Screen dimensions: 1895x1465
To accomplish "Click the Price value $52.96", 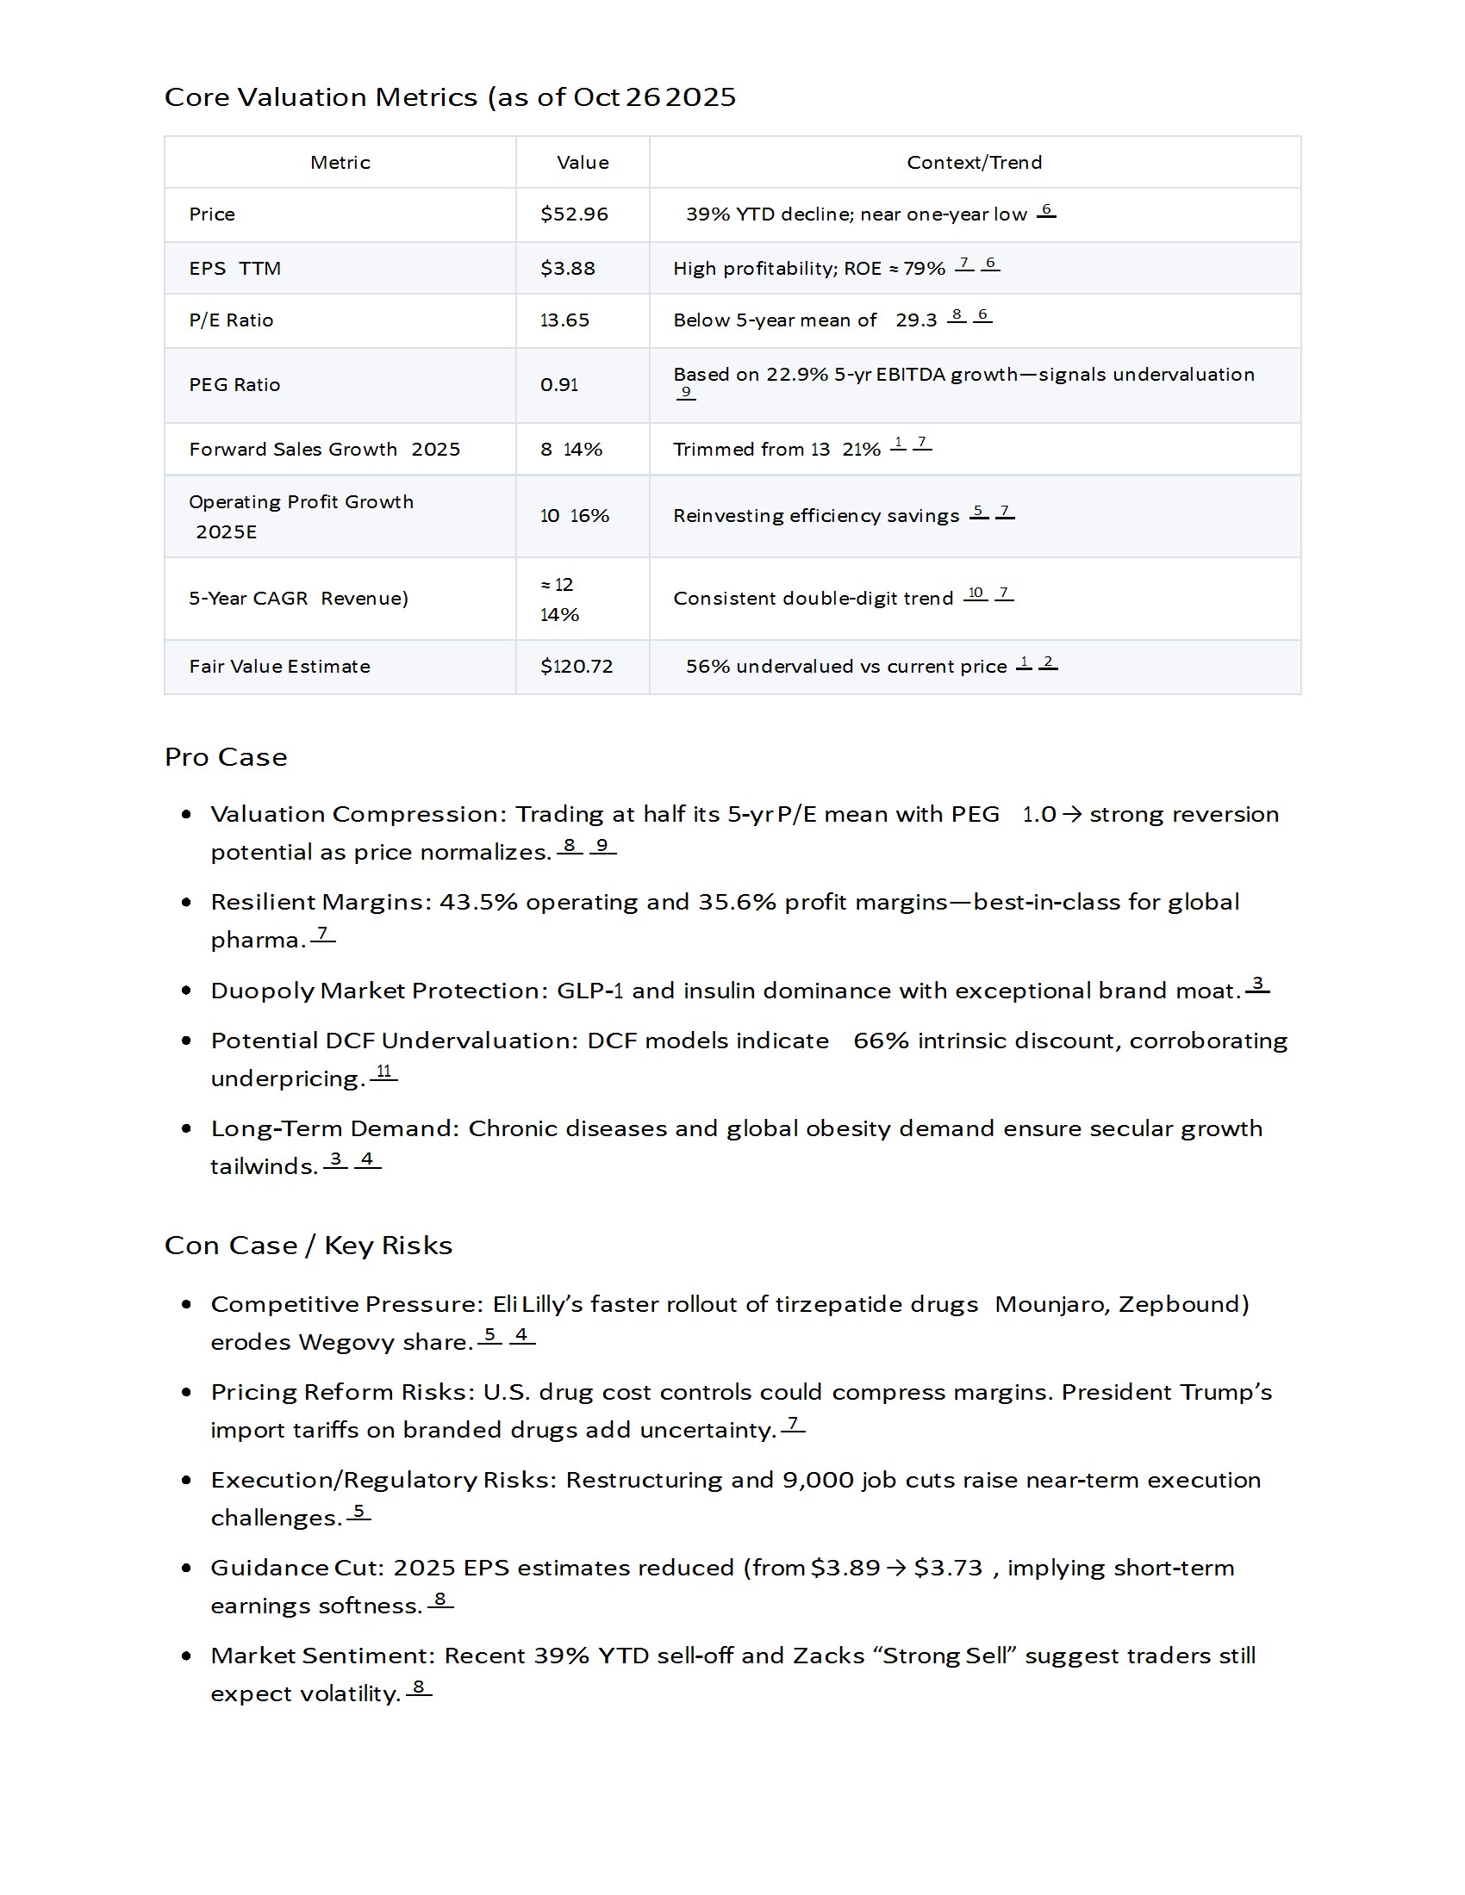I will tap(574, 214).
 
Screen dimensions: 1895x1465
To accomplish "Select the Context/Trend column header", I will tap(974, 162).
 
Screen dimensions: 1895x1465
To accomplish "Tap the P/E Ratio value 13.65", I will tap(564, 320).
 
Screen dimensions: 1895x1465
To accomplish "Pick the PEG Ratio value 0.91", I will tap(559, 385).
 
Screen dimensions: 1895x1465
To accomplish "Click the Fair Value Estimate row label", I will tap(279, 667).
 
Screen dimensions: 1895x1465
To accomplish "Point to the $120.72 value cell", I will tap(577, 667).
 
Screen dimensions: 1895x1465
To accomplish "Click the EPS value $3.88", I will tap(568, 269).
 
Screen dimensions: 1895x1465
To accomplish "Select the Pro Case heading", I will tap(226, 757).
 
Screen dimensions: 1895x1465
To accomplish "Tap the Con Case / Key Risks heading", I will tap(309, 1246).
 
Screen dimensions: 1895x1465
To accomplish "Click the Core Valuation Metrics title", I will tap(450, 97).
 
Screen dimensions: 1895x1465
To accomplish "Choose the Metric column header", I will tap(340, 162).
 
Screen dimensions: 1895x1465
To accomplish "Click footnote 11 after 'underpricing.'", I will tap(383, 1072).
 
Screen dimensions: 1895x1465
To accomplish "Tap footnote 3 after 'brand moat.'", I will tap(1257, 984).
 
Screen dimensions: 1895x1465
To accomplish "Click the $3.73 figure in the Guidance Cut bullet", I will tap(948, 1568).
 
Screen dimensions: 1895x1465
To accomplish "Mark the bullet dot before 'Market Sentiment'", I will tap(187, 1656).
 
